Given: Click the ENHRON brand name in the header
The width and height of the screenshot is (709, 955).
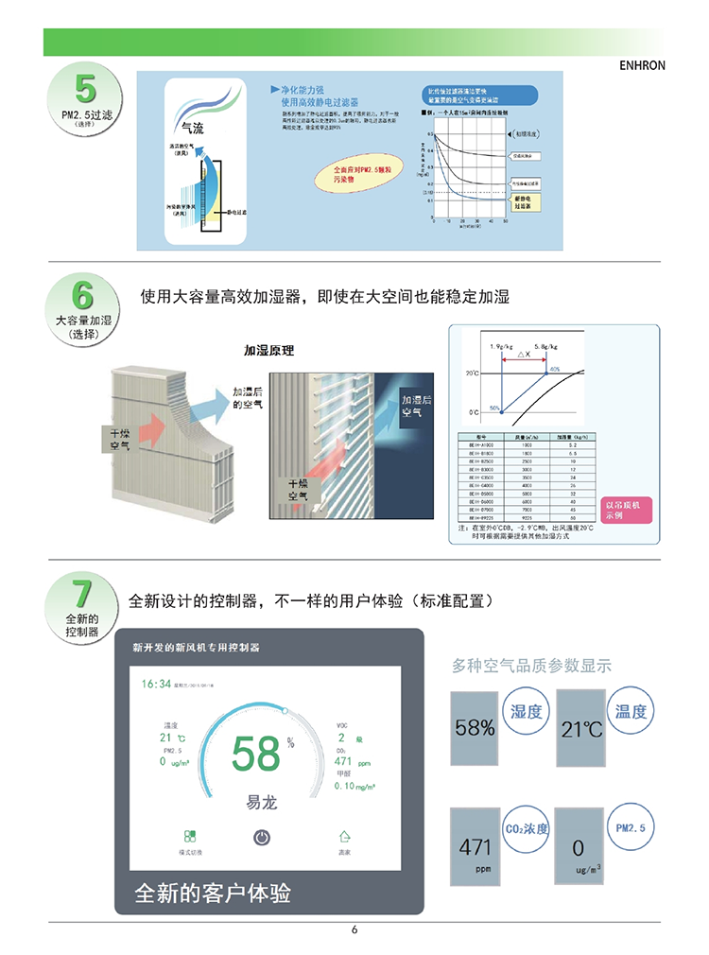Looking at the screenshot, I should pos(643,66).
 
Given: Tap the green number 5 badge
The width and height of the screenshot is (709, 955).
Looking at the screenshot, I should pos(85,89).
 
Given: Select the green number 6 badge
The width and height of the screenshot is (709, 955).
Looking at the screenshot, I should pos(83,293).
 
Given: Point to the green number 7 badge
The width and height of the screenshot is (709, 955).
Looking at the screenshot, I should pos(82,594).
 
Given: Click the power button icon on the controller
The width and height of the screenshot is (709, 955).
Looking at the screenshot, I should pos(263,837).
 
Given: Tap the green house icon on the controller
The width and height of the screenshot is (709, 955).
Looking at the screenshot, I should pos(345,837).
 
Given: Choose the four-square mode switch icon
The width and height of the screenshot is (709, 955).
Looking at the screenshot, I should pos(190,837).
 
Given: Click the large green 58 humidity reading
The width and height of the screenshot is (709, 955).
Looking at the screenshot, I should pos(256,755).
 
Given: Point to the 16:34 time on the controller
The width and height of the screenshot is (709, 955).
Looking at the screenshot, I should pos(157,683).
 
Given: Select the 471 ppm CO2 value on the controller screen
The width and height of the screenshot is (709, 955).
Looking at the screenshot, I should pos(344,761).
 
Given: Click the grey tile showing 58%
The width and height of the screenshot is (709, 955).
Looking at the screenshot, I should pos(476,728).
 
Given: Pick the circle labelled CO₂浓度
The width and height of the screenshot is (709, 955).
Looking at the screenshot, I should pos(527,829).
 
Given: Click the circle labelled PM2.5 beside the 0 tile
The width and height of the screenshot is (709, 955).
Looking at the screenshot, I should pos(630,828).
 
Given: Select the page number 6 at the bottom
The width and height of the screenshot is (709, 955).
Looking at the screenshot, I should pos(354,929).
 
